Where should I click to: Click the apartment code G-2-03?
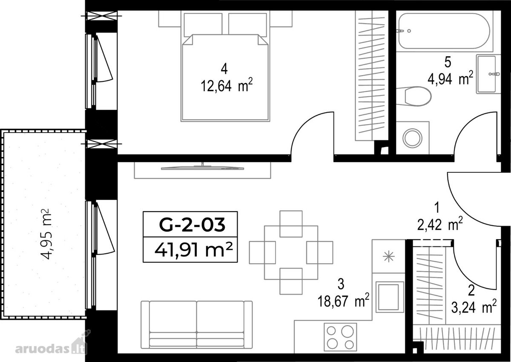coord(192,225)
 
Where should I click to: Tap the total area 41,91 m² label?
coord(193,250)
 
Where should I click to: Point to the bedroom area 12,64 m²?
coord(227,85)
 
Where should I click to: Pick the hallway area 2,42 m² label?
coord(440,224)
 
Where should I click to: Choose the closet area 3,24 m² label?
coord(474,307)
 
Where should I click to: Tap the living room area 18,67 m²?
coord(343,301)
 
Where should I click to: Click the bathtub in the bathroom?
coord(444,31)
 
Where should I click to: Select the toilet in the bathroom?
coord(413,96)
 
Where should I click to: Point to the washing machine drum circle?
coord(413,138)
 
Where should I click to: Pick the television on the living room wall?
coord(202,168)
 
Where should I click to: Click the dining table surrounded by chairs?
coord(291,252)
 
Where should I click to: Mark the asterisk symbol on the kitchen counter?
coord(388,257)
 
